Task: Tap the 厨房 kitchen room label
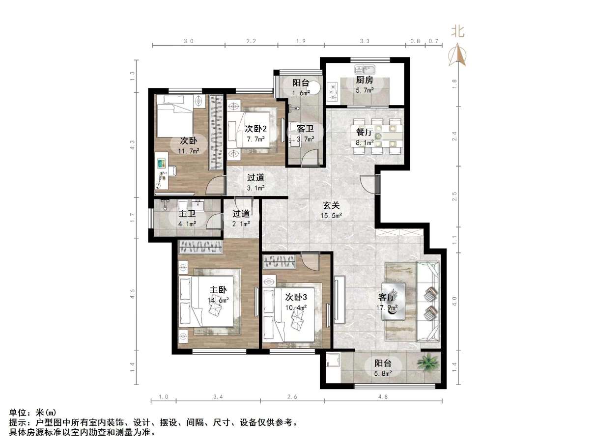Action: [x=364, y=81]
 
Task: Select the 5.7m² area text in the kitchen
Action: [x=364, y=90]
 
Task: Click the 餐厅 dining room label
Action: [x=364, y=132]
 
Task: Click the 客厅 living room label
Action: [x=387, y=297]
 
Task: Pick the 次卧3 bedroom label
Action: [x=296, y=297]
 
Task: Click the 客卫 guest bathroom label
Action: [x=305, y=129]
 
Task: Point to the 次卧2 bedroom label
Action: [x=255, y=129]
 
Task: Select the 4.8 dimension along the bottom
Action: [x=383, y=396]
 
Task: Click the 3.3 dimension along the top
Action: [x=364, y=41]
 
